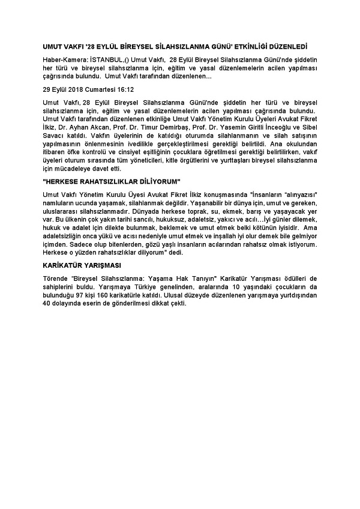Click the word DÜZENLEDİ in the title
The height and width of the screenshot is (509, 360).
[x=286, y=46]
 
